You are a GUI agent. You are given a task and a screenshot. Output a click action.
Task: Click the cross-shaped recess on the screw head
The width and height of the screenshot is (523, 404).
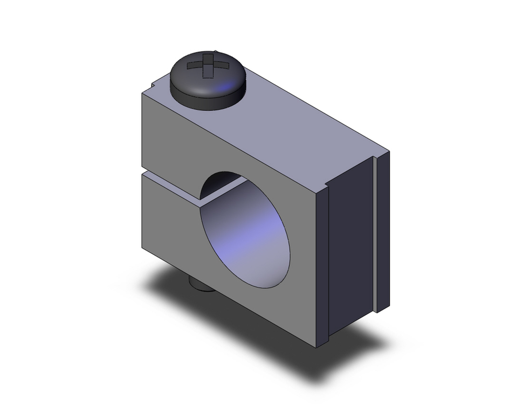[x=208, y=66]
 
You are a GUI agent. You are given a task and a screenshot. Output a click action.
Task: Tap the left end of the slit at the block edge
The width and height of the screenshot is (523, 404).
[x=142, y=172]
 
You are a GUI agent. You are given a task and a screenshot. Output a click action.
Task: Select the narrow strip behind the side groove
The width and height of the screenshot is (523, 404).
[x=384, y=230]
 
